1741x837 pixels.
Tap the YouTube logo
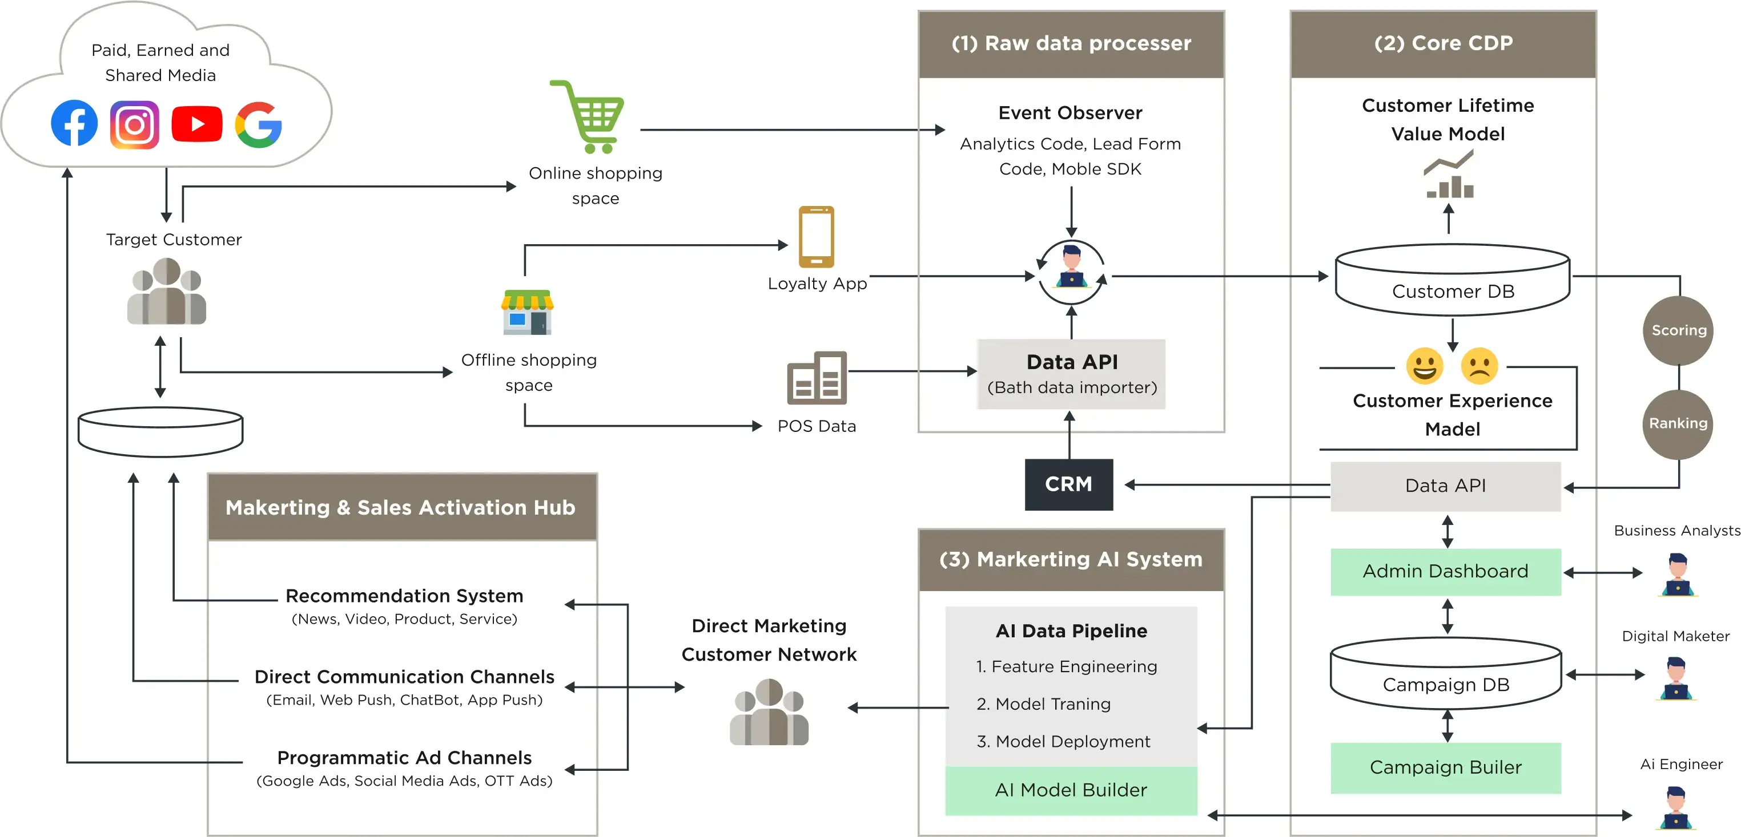pyautogui.click(x=196, y=124)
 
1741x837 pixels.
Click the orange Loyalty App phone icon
pyautogui.click(x=816, y=236)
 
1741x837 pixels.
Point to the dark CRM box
pyautogui.click(x=1068, y=484)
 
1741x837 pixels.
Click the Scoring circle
pyautogui.click(x=1678, y=330)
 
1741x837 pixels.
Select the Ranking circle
pyautogui.click(x=1678, y=423)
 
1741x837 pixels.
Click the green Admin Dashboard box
pyautogui.click(x=1445, y=572)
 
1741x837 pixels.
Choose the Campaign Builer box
pyautogui.click(x=1445, y=767)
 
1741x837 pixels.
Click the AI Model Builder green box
pyautogui.click(x=1071, y=790)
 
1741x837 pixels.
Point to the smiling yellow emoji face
pyautogui.click(x=1424, y=366)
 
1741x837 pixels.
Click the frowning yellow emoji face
pyautogui.click(x=1479, y=366)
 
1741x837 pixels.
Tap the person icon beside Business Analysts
pyautogui.click(x=1677, y=574)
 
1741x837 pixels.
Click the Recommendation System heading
pyautogui.click(x=404, y=596)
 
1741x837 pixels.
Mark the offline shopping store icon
pyautogui.click(x=527, y=312)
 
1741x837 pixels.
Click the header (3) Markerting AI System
pyautogui.click(x=1071, y=559)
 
